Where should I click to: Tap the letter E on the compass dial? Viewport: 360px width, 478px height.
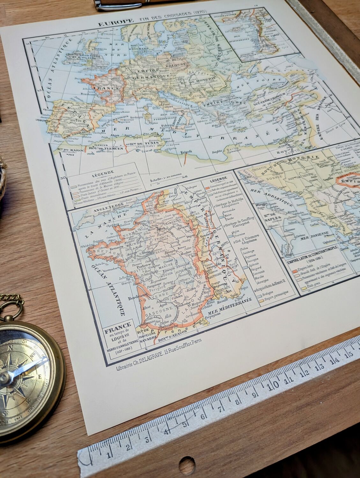[x=40, y=376]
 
